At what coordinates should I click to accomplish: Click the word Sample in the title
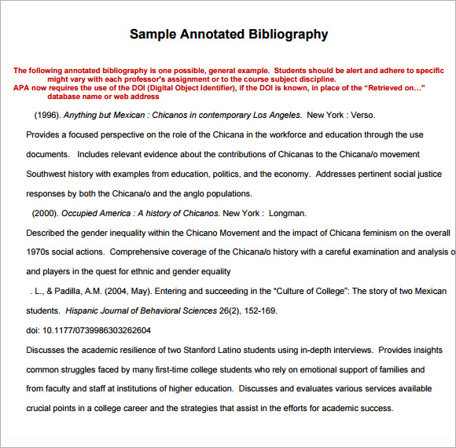coord(155,34)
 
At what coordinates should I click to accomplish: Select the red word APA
coord(22,88)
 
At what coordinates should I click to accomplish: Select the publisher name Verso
coord(363,115)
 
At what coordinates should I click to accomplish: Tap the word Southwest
coord(49,174)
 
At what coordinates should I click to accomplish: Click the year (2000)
coord(45,213)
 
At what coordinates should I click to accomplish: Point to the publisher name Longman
coord(289,213)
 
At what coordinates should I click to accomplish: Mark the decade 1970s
coord(39,252)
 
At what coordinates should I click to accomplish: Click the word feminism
coord(355,233)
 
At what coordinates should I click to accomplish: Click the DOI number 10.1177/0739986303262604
coord(97,330)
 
